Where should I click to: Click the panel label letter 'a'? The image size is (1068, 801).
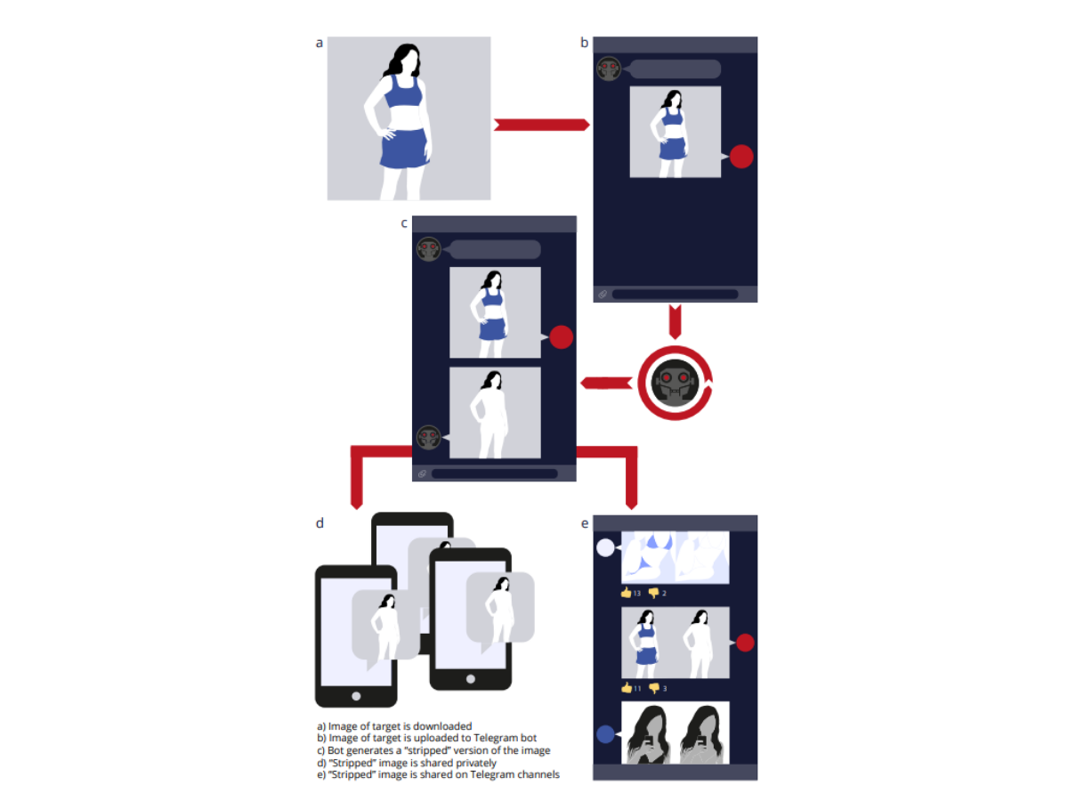[320, 44]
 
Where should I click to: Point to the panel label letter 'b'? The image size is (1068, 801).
[584, 43]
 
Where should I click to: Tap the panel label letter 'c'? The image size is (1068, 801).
[403, 223]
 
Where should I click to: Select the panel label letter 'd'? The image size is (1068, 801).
[320, 522]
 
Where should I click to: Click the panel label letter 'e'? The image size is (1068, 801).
[585, 524]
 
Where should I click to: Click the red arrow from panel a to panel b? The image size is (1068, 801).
[541, 125]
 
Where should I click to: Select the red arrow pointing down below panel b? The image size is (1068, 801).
[675, 321]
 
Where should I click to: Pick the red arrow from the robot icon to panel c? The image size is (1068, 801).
[606, 384]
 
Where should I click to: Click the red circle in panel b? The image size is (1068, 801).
[741, 157]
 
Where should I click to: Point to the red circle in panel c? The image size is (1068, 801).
[561, 337]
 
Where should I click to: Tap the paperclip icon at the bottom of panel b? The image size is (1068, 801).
[603, 294]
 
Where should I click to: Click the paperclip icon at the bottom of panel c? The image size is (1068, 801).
[422, 473]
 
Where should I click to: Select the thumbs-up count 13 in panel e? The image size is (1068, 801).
[637, 593]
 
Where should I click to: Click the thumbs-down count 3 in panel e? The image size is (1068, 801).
[665, 688]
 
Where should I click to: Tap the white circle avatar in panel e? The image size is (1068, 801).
[605, 547]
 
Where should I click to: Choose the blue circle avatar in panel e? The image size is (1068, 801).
[605, 734]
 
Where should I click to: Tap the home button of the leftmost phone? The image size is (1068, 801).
[356, 696]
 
